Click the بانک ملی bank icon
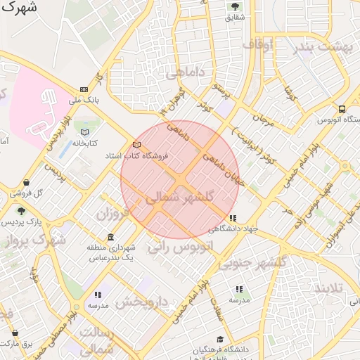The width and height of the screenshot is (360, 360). point(84,89)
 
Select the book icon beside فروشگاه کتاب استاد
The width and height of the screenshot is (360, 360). point(136,145)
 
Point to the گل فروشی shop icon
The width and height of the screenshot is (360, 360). point(26,183)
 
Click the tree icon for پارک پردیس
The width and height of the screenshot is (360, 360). point(21,210)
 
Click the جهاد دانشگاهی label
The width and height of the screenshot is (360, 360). point(233,229)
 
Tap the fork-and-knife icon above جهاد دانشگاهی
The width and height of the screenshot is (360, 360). point(233,219)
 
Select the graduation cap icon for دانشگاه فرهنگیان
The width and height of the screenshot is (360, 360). point(221,340)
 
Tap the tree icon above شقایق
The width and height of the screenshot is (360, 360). point(234,6)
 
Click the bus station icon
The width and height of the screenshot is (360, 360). point(342,109)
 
